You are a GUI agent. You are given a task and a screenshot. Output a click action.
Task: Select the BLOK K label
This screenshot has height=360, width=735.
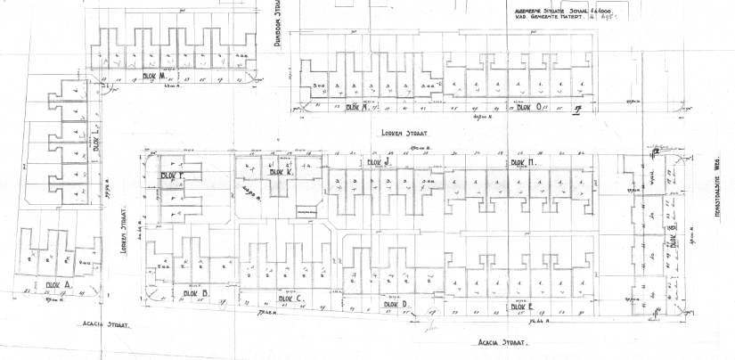(281, 172)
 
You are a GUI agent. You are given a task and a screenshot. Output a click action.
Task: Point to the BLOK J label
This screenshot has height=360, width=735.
(380, 163)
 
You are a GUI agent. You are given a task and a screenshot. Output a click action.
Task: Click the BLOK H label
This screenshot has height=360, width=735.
(521, 163)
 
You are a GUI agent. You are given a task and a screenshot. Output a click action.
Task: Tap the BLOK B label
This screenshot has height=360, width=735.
(194, 292)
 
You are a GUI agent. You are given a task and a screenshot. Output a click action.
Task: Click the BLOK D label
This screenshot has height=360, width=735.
(395, 304)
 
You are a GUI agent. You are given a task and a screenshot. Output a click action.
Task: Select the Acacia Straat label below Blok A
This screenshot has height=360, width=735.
(106, 324)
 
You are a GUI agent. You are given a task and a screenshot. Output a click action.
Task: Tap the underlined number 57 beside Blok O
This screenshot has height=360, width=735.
(576, 110)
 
